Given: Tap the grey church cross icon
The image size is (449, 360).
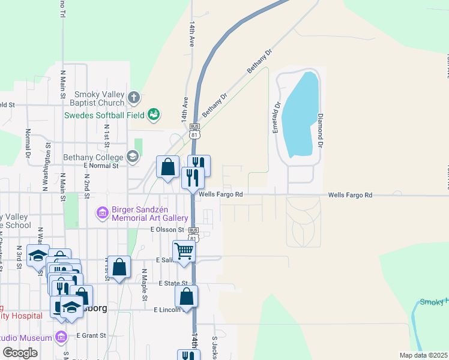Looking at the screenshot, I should [134, 96].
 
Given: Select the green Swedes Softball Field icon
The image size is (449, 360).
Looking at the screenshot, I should [154, 114].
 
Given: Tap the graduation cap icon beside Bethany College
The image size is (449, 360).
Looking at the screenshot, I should [132, 157].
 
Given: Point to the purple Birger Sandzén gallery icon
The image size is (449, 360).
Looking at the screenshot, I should [102, 213].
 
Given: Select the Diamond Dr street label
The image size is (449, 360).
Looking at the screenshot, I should [321, 130].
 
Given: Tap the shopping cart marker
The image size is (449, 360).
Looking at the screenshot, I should [184, 251].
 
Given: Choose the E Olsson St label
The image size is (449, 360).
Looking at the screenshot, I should [167, 229].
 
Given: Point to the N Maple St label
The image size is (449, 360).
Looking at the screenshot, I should [145, 286].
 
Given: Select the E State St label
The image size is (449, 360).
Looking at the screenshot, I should [173, 283].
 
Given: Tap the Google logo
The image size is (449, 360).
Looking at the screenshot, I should [20, 353].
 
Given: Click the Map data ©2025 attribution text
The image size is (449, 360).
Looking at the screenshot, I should [423, 355].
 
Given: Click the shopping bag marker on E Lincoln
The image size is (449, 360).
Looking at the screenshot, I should [187, 296].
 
